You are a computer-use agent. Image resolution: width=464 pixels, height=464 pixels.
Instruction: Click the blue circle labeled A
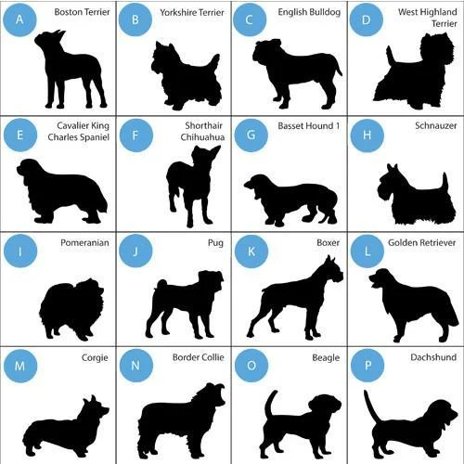(19, 19)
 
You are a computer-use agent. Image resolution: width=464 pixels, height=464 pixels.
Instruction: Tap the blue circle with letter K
(251, 251)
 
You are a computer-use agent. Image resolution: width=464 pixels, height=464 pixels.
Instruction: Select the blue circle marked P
(367, 366)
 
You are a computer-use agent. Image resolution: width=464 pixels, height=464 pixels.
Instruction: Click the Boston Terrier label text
(82, 12)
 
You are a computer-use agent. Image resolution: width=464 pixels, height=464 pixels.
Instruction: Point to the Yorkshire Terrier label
(192, 12)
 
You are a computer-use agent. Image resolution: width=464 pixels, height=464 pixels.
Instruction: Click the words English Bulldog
(309, 12)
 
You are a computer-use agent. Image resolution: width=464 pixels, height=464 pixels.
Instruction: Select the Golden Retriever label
(422, 242)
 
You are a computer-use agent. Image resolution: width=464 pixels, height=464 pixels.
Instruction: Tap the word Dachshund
(433, 357)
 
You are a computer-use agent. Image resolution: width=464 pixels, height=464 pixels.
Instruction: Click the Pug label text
(215, 243)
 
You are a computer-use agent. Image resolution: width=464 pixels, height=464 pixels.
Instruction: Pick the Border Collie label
(199, 357)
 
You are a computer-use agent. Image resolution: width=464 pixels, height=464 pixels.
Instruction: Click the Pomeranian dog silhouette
(71, 309)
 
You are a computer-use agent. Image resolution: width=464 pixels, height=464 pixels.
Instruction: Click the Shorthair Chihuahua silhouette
(193, 186)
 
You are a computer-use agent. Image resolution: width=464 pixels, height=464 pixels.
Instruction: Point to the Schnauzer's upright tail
(445, 183)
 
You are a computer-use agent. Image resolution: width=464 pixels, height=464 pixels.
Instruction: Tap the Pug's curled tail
(161, 285)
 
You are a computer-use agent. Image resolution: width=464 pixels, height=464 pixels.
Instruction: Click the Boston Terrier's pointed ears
(59, 34)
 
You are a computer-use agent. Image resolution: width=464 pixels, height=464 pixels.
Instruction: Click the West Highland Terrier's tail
(391, 56)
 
